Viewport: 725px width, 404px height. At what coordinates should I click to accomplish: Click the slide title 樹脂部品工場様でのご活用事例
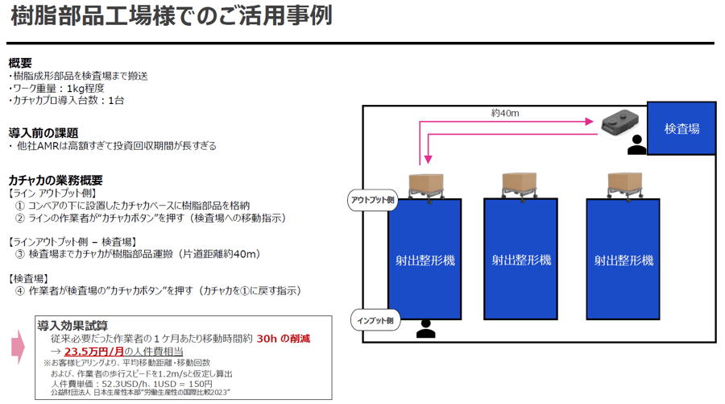pyautogui.click(x=172, y=17)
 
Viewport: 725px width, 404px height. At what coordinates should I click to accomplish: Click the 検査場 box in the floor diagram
pyautogui.click(x=681, y=129)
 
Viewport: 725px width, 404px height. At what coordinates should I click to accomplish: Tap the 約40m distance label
pyautogui.click(x=505, y=113)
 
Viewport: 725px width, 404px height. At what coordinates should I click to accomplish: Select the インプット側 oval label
pyautogui.click(x=375, y=320)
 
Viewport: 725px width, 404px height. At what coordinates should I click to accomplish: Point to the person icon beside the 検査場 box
pyautogui.click(x=636, y=144)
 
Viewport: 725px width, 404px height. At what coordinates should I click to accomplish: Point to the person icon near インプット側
pyautogui.click(x=425, y=328)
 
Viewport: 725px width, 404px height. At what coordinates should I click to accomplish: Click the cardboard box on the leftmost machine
pyautogui.click(x=427, y=182)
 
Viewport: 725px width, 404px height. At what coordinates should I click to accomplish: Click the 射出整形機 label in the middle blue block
pyautogui.click(x=521, y=260)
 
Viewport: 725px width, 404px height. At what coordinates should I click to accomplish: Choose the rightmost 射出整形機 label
pyautogui.click(x=623, y=260)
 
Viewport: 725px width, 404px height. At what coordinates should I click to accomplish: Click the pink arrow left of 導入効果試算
pyautogui.click(x=19, y=346)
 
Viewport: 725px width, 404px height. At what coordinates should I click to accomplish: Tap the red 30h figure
pyautogui.click(x=267, y=339)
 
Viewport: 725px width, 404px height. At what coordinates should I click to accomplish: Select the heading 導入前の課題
pyautogui.click(x=43, y=132)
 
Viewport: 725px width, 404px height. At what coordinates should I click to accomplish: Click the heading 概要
pyautogui.click(x=20, y=63)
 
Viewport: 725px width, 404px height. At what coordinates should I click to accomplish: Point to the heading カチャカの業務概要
pyautogui.click(x=56, y=180)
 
